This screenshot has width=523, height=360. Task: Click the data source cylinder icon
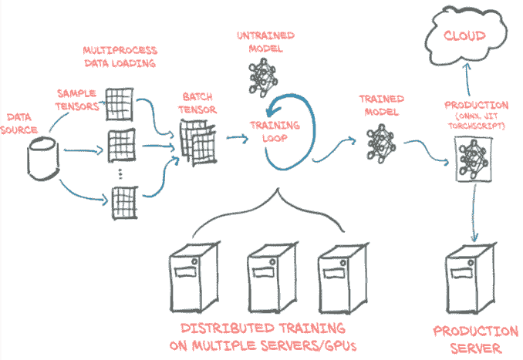[43, 159]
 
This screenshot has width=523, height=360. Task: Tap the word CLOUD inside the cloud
[464, 35]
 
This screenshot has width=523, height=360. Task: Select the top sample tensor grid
[120, 104]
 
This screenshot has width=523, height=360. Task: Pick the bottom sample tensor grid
[124, 203]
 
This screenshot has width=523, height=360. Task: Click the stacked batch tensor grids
[198, 143]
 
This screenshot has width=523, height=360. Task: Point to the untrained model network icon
[263, 77]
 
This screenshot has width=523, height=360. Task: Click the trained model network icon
[381, 143]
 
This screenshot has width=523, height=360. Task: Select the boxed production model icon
[474, 160]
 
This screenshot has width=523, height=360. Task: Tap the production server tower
[471, 278]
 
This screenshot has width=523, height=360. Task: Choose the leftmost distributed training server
[194, 277]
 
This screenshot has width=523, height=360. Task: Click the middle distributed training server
[272, 278]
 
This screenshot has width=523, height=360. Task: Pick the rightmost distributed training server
[343, 278]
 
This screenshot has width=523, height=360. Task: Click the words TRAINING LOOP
[275, 132]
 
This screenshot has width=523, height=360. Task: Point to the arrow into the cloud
[467, 79]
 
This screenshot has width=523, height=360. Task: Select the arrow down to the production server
[474, 213]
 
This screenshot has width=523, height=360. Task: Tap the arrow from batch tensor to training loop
[238, 138]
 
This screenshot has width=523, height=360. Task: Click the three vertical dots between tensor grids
[120, 173]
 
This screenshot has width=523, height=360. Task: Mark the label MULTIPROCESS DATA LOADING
[120, 57]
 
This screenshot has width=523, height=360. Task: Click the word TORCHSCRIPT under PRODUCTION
[476, 126]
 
